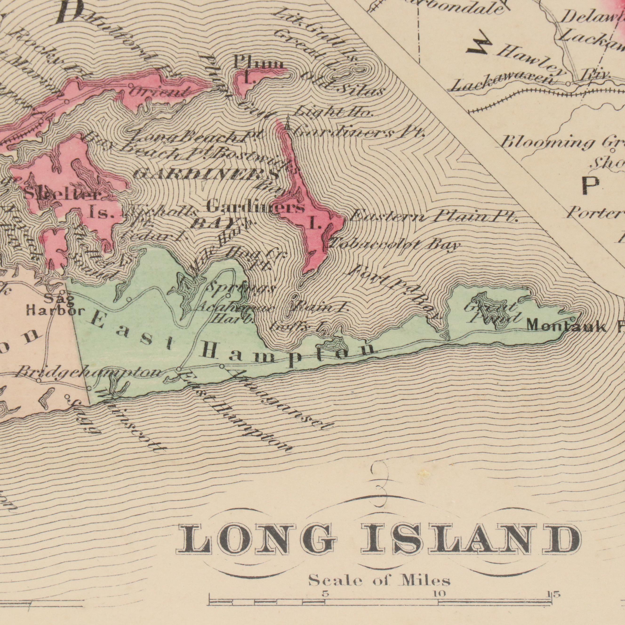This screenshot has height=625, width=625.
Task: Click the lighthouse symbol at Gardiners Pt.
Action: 288,123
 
